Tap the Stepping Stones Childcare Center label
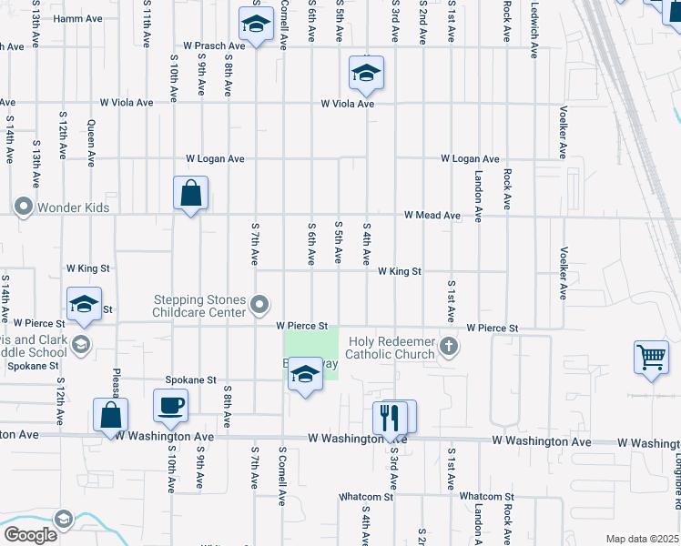[200, 306]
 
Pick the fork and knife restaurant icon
[389, 418]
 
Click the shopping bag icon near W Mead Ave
[190, 193]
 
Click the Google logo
[30, 534]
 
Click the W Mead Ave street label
[433, 216]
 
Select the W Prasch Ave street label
[214, 45]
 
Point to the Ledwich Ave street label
[534, 20]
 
